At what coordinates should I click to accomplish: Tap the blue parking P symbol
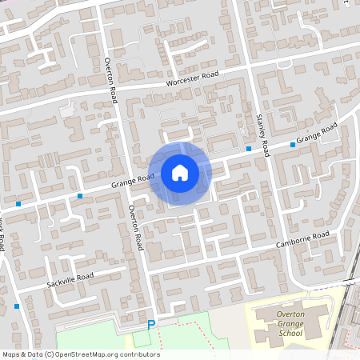click(x=150, y=325)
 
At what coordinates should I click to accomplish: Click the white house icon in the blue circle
click(x=179, y=173)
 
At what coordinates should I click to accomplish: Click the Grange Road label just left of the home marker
click(x=133, y=181)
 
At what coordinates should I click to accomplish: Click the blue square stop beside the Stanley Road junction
click(x=249, y=149)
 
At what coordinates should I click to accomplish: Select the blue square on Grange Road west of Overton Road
click(x=80, y=196)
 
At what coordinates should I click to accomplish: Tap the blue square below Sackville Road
click(x=17, y=306)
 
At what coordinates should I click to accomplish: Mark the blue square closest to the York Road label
click(x=18, y=205)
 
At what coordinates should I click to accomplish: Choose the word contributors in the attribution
click(x=139, y=354)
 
